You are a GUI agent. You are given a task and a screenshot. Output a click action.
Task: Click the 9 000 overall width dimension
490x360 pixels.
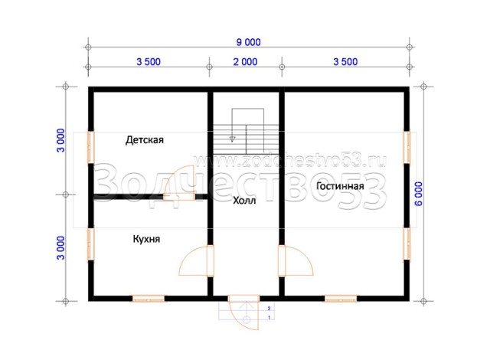click(248, 42)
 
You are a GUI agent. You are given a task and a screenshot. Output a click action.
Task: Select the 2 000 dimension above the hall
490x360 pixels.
click(245, 62)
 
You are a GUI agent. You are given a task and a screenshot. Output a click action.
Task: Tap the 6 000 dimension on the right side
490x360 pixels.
click(419, 194)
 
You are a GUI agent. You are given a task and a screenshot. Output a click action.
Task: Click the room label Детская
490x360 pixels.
click(145, 139)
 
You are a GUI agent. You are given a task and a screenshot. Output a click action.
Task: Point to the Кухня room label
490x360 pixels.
click(146, 239)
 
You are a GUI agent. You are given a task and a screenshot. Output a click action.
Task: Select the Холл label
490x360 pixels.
click(244, 201)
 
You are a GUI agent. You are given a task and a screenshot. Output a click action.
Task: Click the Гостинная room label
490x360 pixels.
click(340, 186)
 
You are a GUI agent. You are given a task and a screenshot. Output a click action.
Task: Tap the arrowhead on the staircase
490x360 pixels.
click(232, 139)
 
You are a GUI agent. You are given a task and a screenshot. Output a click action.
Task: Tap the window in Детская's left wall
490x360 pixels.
click(90, 147)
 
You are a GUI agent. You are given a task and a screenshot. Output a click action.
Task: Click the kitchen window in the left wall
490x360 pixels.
click(90, 244)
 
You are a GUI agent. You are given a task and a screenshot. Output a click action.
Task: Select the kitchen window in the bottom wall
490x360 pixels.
click(149, 299)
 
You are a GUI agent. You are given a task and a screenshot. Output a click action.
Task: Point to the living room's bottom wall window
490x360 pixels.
click(341, 299)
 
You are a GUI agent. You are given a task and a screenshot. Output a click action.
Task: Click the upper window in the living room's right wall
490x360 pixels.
click(407, 147)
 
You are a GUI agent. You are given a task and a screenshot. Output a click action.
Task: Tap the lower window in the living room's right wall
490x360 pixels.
click(407, 244)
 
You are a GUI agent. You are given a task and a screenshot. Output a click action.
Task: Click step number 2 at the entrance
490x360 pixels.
click(269, 309)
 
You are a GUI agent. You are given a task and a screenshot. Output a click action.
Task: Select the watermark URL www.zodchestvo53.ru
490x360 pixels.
click(289, 160)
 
